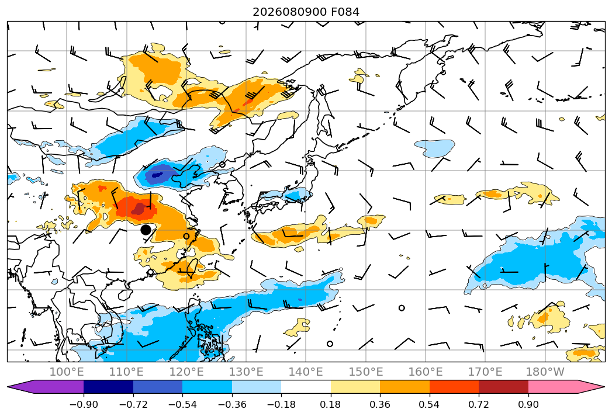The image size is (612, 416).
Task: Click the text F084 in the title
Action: pos(345,12)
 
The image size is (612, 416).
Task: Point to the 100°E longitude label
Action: pos(67,372)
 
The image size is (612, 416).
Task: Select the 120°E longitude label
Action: pos(186,372)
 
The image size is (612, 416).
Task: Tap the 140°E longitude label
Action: pos(306,372)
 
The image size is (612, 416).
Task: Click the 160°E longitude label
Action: pos(426,372)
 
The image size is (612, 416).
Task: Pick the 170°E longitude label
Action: pos(485,372)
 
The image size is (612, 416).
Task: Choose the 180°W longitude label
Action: pos(545,372)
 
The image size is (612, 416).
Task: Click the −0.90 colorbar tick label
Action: pos(84,404)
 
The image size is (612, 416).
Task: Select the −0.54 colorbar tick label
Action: pos(182,404)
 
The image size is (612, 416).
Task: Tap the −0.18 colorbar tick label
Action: pos(281,404)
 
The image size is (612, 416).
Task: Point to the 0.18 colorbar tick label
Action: pos(331,404)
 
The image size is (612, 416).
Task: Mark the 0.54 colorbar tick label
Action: pos(430,404)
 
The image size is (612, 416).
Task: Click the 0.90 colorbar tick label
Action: pos(528,404)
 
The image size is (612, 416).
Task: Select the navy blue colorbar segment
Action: pos(109,387)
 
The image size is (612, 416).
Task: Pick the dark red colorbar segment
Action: pos(503,387)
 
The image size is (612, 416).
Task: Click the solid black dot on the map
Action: pos(146,230)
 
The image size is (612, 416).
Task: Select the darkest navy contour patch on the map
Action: pos(157,175)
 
